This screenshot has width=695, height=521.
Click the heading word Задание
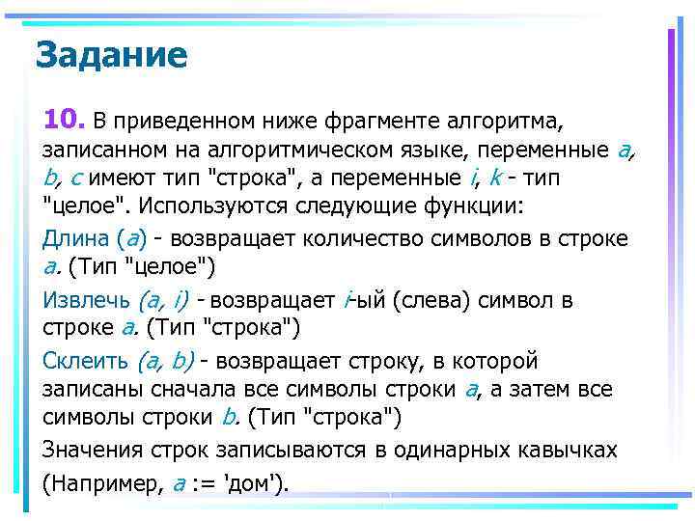tap(111, 56)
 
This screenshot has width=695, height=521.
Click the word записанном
tap(99, 151)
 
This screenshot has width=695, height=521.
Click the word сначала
tap(194, 390)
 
